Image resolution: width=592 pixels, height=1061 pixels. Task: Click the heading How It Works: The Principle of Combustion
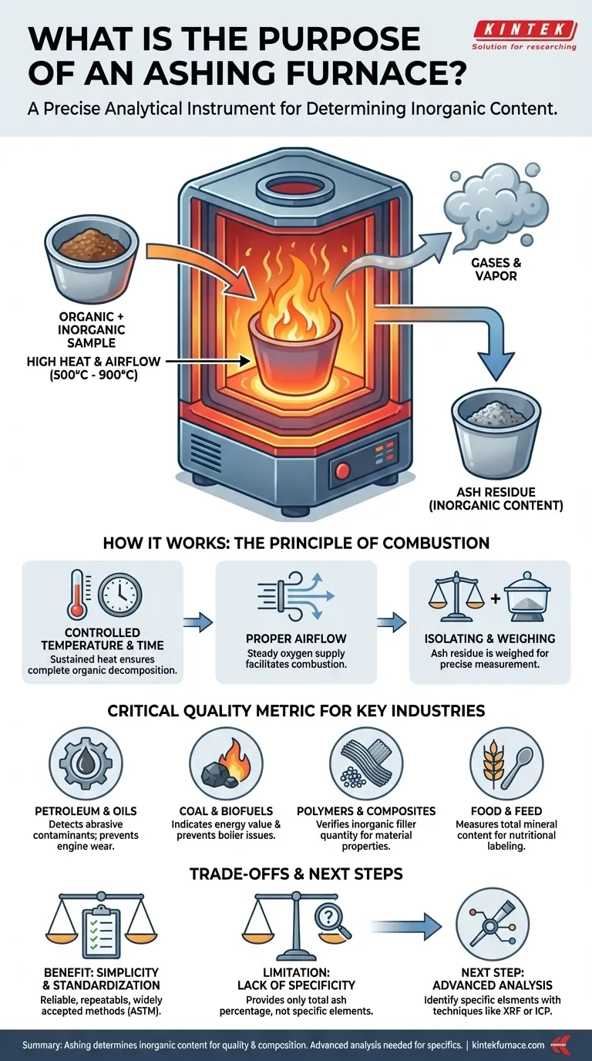[x=296, y=543]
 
